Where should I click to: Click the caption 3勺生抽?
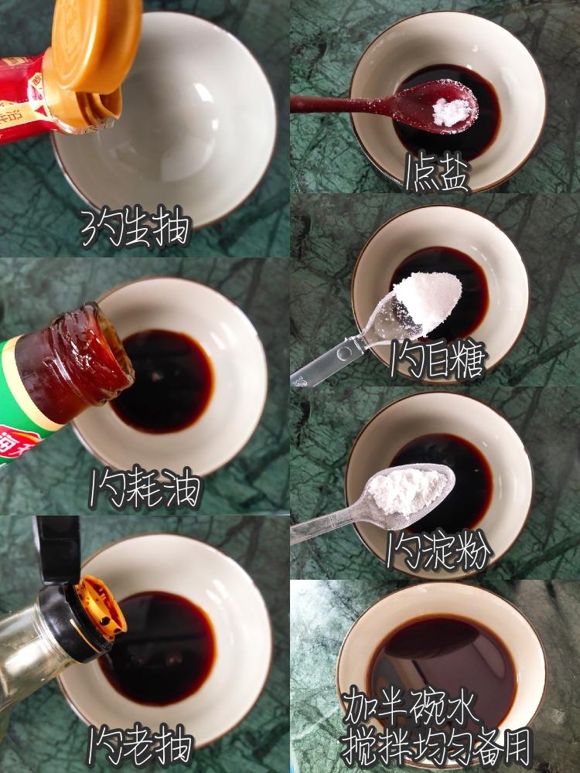coord(135,226)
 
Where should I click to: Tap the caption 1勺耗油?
coord(145,488)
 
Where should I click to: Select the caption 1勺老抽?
coord(140,746)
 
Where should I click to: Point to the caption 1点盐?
coord(437,172)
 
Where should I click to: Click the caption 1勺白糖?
coord(438,359)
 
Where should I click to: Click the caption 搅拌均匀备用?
coord(436,747)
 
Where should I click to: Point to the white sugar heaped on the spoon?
coord(427,301)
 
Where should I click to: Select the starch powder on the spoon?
coord(408,491)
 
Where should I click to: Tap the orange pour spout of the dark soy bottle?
coord(101,604)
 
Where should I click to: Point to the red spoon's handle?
coord(340,104)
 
